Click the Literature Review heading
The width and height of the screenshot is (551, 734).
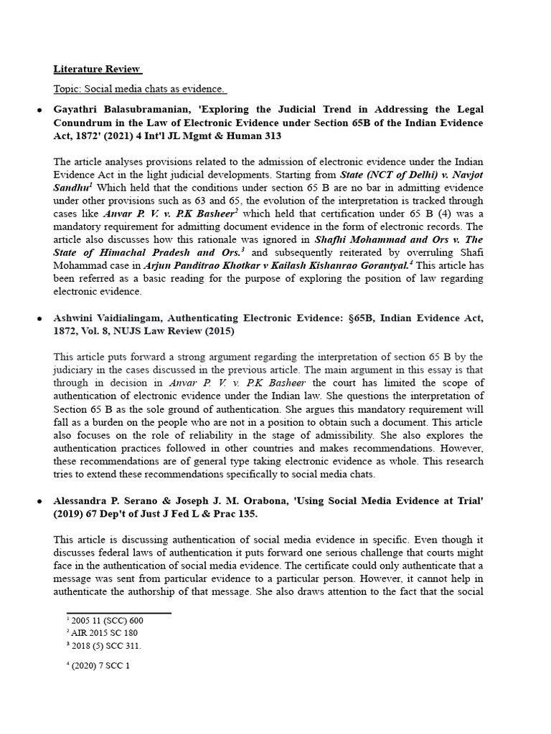(98, 70)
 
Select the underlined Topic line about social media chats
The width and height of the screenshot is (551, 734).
(141, 90)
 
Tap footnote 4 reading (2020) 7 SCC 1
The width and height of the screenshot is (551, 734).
(96, 665)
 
